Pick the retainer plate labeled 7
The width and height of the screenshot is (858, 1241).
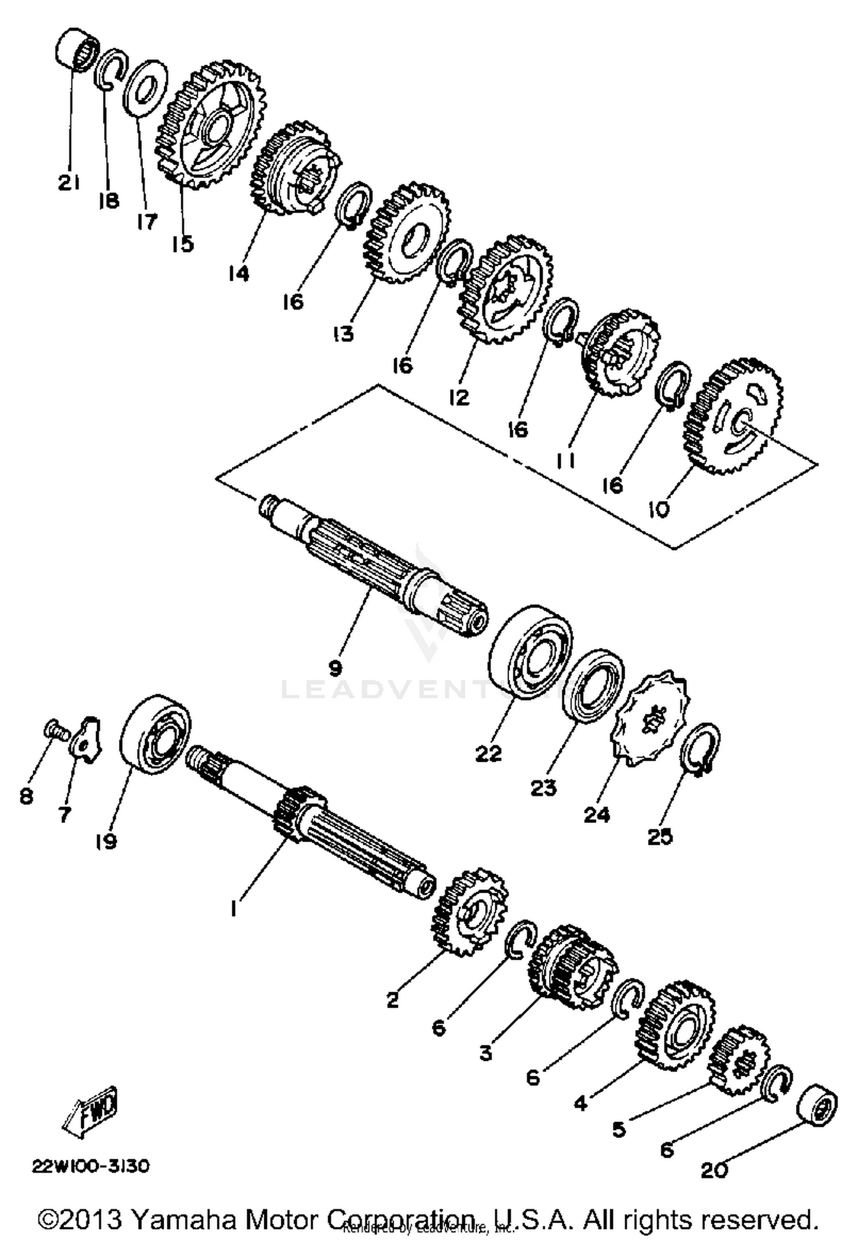87,740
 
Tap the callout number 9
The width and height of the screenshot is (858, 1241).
335,666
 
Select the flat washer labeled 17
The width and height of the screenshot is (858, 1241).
146,87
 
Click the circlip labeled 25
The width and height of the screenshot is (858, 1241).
700,749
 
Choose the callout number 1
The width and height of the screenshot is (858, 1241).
233,909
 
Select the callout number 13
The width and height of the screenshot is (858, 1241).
344,334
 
